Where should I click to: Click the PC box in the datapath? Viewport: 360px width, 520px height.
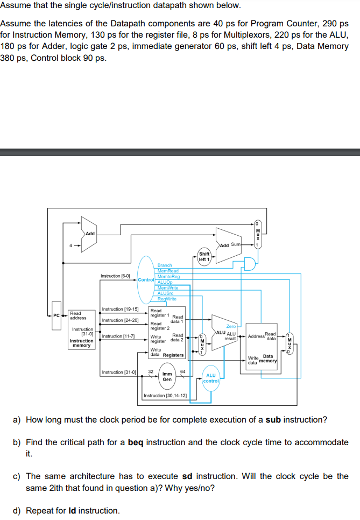click(57, 315)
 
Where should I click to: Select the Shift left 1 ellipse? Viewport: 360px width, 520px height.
click(204, 256)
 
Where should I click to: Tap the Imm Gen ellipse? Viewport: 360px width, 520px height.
click(167, 376)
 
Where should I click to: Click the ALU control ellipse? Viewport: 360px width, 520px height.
click(211, 378)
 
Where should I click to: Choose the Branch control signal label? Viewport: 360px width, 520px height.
click(165, 265)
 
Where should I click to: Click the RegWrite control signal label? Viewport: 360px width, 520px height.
click(167, 299)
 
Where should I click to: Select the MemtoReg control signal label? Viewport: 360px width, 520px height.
click(168, 276)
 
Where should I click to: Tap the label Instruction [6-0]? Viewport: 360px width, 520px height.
click(115, 276)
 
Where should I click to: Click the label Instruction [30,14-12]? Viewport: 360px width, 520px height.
click(165, 396)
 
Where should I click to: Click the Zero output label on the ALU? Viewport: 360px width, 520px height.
click(231, 326)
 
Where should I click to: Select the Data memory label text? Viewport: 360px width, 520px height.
click(267, 359)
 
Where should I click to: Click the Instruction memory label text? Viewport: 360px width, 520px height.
click(81, 343)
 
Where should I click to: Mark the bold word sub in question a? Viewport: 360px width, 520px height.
click(288, 420)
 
